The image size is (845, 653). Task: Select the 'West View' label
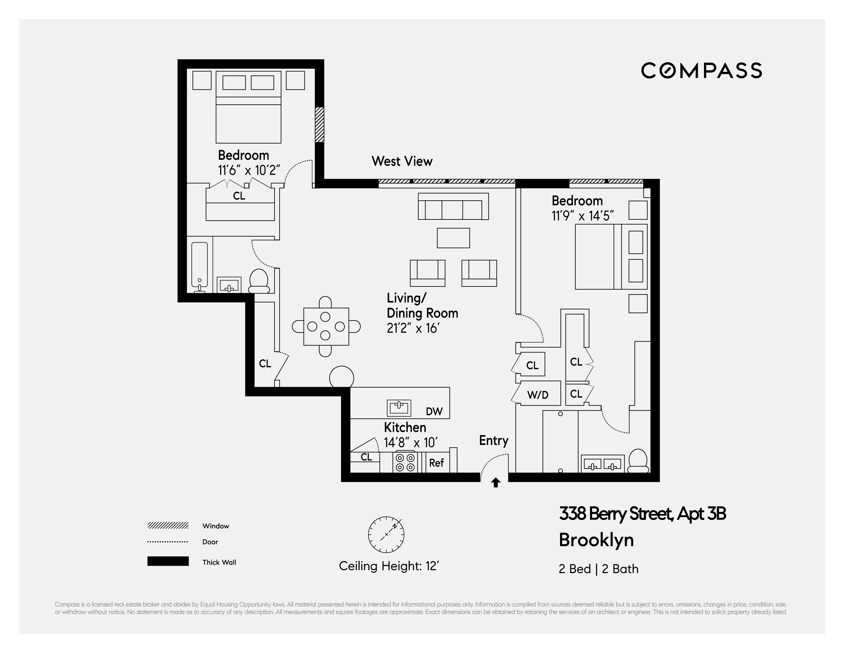click(x=402, y=161)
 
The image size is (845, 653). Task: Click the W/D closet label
click(x=538, y=395)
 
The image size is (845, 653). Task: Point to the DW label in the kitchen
click(x=434, y=411)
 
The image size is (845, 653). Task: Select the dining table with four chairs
click(x=326, y=326)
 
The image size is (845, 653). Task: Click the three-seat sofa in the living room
click(x=453, y=206)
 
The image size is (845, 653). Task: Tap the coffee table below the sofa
click(x=453, y=238)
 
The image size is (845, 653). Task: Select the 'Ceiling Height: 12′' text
click(x=389, y=566)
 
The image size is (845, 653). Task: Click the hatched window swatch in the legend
click(x=168, y=526)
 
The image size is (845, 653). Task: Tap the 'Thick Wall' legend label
click(x=219, y=562)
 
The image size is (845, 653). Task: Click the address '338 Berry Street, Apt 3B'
click(x=642, y=514)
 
